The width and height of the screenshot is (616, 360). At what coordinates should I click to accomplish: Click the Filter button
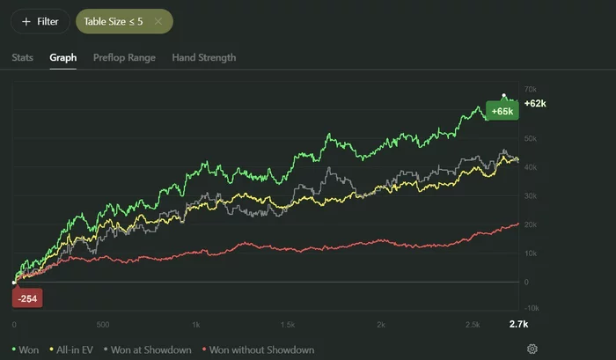40,21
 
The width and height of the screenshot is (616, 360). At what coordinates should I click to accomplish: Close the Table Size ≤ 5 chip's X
158,21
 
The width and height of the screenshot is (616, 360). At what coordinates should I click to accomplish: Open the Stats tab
23,58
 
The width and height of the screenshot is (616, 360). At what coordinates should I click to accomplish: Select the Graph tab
62,58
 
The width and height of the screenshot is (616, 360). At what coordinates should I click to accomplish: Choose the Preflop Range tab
124,58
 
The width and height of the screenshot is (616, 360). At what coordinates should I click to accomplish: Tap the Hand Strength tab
203,58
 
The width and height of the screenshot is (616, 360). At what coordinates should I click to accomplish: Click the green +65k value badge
502,112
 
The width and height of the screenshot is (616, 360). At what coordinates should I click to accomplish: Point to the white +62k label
536,104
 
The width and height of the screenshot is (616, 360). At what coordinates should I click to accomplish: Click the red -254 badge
27,298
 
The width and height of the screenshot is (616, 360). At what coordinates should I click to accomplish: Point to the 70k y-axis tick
531,90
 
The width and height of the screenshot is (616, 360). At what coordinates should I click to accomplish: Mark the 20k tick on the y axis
531,224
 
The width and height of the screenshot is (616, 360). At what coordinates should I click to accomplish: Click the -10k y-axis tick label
531,310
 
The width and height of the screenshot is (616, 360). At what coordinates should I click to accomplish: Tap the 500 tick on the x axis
103,325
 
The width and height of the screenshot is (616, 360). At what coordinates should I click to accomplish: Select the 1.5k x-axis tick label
289,325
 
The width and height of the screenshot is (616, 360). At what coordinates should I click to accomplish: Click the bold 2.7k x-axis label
519,325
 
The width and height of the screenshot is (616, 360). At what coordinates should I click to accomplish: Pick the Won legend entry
26,349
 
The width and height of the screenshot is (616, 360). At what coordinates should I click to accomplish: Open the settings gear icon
532,349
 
